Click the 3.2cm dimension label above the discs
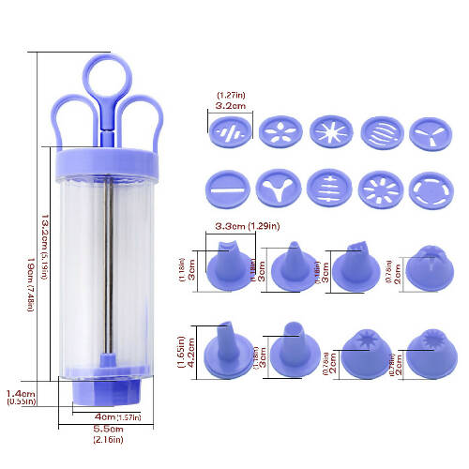point(230,106)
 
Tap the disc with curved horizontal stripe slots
point(378,132)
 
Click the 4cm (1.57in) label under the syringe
point(118,416)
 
